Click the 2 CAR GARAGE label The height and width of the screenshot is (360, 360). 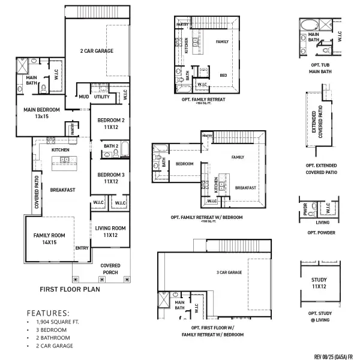coord(97,51)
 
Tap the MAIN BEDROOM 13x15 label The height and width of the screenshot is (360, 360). coord(41,113)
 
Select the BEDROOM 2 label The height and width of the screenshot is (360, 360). coord(110,124)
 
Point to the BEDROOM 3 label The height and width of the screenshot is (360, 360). coord(110,177)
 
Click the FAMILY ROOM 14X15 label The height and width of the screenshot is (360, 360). coord(49,239)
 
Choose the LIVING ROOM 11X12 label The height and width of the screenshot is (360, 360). coord(110,231)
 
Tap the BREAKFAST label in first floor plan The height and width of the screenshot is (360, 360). coord(62,190)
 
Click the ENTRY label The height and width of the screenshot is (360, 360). coord(82,248)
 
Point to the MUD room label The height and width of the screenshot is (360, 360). coord(83,97)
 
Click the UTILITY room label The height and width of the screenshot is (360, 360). coord(101,97)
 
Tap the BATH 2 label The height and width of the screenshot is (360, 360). coord(110,146)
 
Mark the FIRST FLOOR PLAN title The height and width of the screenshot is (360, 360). coord(70,289)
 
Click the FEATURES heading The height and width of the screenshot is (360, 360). coord(49,313)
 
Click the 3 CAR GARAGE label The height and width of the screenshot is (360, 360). coord(229,272)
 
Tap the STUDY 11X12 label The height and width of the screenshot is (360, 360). coord(319,283)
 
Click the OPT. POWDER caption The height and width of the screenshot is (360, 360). coord(321,232)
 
